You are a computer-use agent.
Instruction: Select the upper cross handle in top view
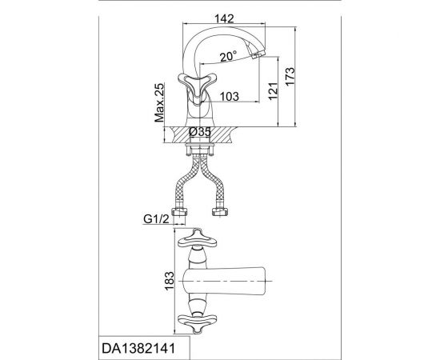tap(196, 239)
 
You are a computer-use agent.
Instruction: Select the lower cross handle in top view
tap(196, 322)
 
